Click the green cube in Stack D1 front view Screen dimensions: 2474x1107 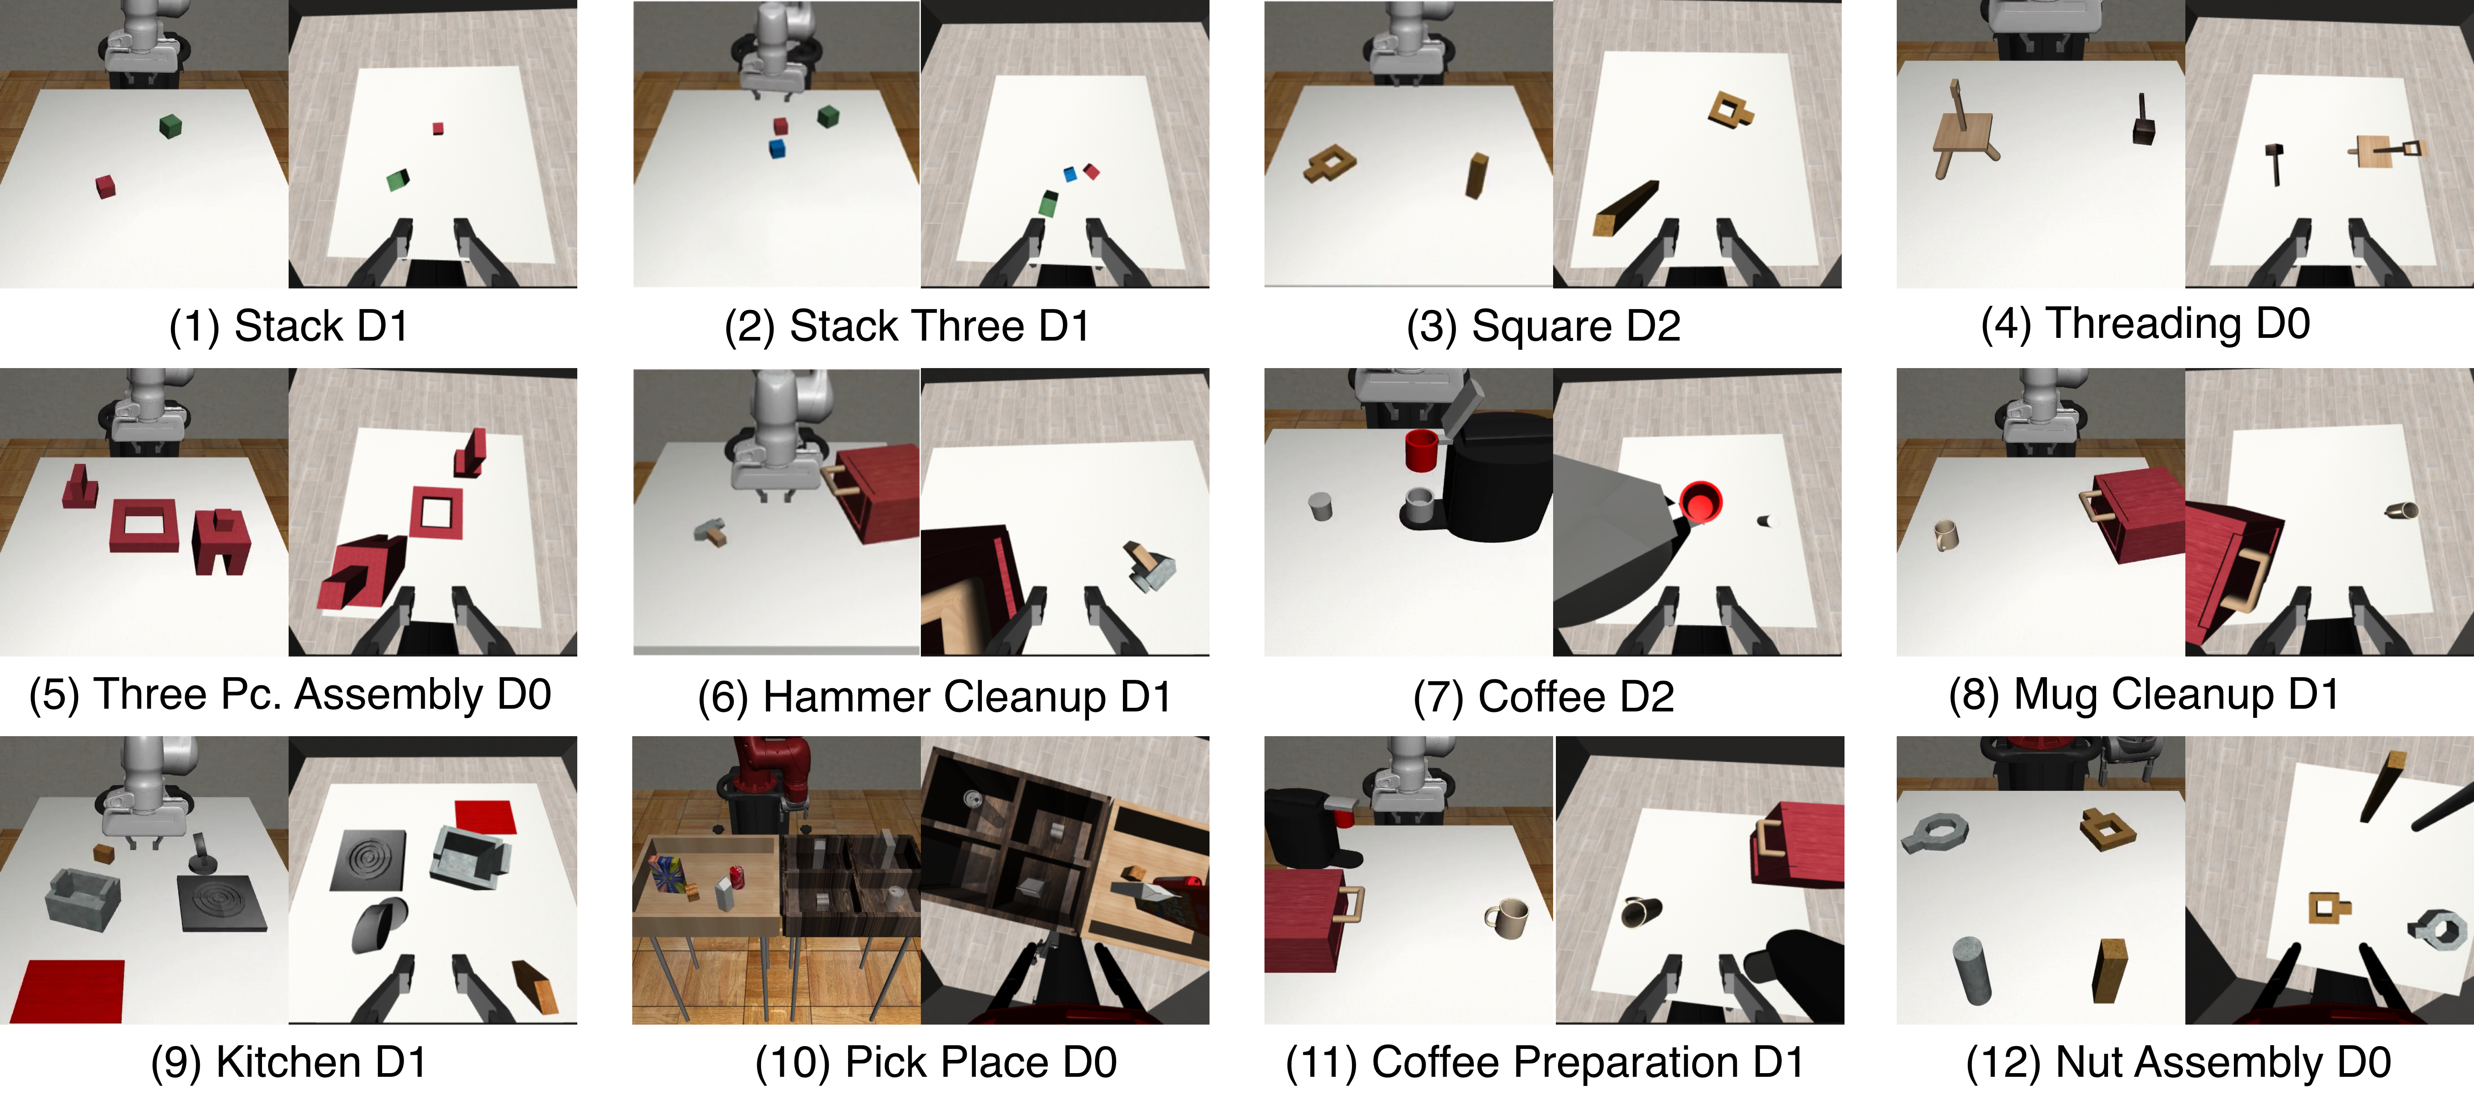[170, 126]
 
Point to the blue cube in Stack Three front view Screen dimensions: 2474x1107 [778, 148]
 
